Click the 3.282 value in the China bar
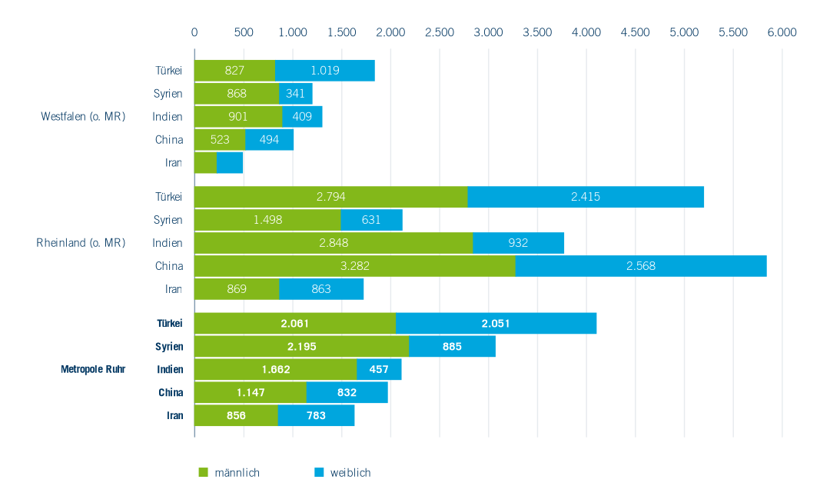click(354, 266)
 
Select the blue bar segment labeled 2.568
click(640, 266)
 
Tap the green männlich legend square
click(204, 472)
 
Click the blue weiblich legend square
click(319, 472)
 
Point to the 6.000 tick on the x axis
click(782, 32)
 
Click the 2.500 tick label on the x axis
click(440, 32)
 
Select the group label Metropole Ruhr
click(93, 369)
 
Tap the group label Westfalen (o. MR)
click(83, 117)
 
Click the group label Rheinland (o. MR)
click(81, 243)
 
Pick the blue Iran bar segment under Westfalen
click(230, 163)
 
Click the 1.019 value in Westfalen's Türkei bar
click(325, 71)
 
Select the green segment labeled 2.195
click(301, 346)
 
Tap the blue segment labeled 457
click(379, 369)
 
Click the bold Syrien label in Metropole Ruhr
click(169, 346)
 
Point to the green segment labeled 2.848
click(333, 243)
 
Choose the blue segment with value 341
click(296, 94)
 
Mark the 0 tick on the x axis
click(194, 32)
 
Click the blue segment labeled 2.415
click(586, 197)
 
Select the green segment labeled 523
click(220, 140)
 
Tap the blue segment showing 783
click(316, 415)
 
